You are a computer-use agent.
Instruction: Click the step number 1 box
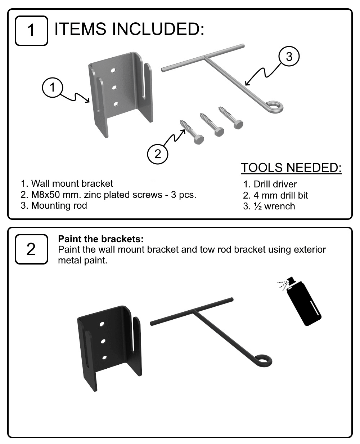point(31,31)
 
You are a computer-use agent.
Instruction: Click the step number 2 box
point(31,249)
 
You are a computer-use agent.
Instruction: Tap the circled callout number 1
point(53,88)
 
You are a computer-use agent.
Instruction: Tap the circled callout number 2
point(158,154)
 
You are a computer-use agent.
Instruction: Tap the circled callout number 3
point(289,57)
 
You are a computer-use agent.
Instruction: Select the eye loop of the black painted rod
point(264,360)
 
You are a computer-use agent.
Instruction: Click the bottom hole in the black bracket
point(104,358)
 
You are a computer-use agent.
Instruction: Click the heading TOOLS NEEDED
point(291,168)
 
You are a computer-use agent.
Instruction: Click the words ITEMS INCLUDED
point(129,28)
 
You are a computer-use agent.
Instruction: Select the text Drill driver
point(275,184)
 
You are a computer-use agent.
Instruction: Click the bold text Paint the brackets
point(101,239)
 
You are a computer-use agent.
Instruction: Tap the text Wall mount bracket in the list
point(72,183)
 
